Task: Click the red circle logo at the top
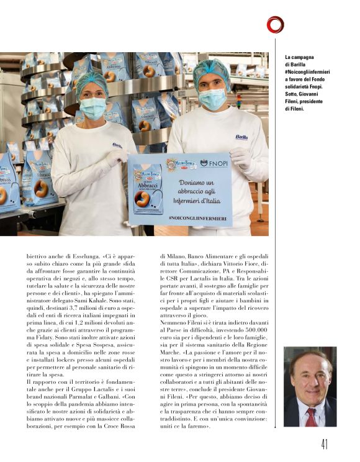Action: [275, 24]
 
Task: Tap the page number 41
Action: [325, 445]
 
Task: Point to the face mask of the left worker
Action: [94, 108]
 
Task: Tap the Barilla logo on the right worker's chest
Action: [241, 137]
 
